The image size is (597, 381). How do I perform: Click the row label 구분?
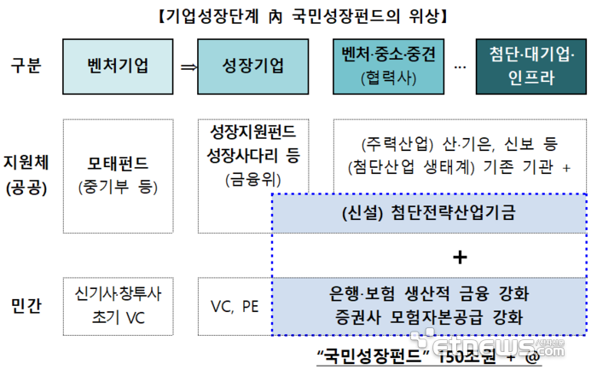(27, 66)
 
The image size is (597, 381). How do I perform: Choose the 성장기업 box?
(252, 66)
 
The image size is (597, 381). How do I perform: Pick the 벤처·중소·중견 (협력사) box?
(388, 66)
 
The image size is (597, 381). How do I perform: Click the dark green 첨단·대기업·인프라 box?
(533, 66)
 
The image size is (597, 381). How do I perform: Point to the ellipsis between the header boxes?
(460, 67)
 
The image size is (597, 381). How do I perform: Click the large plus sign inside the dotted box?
(461, 256)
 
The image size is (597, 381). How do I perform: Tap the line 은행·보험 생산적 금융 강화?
(429, 296)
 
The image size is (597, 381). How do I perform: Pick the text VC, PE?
(235, 305)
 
